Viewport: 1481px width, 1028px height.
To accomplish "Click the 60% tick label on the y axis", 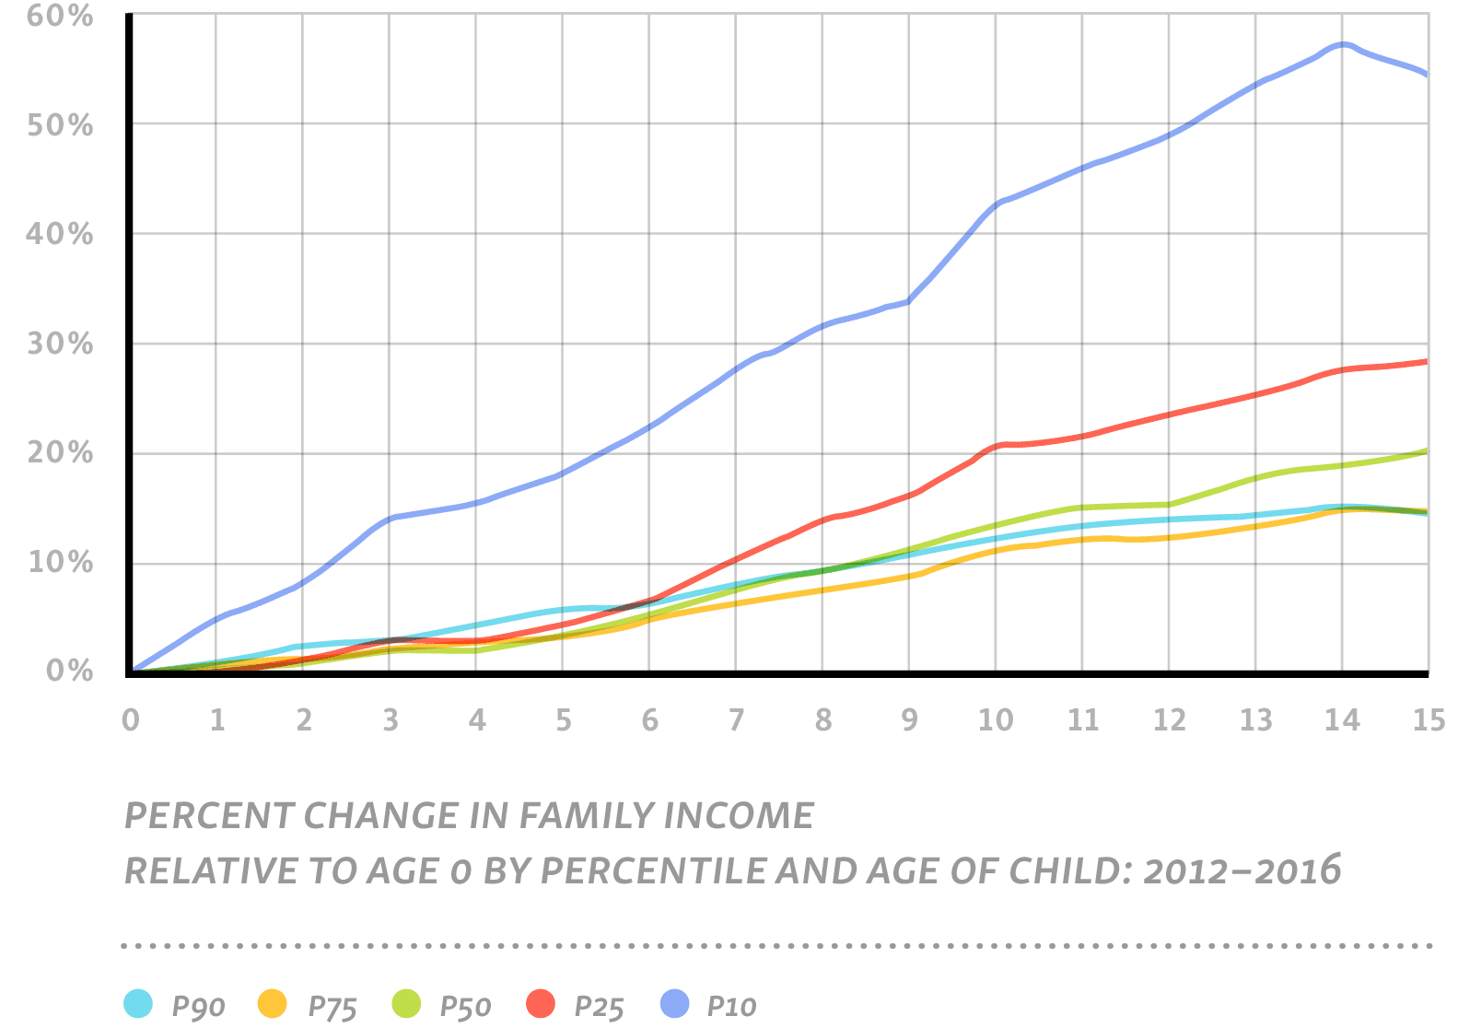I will pyautogui.click(x=59, y=17).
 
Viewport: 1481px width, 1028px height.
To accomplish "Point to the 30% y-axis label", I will pyautogui.click(x=59, y=345).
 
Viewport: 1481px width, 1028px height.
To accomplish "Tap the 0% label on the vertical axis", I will pyautogui.click(x=70, y=672).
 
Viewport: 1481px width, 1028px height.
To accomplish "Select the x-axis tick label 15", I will pyautogui.click(x=1429, y=720).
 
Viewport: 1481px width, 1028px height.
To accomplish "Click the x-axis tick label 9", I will pyautogui.click(x=909, y=720).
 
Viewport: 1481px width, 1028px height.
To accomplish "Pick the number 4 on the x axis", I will pyautogui.click(x=476, y=720).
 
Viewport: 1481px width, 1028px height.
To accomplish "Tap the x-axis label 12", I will pyautogui.click(x=1169, y=720).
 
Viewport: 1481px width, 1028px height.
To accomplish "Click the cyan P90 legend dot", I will pyautogui.click(x=138, y=1004).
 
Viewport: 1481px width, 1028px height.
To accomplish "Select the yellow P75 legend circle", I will pyautogui.click(x=273, y=1004).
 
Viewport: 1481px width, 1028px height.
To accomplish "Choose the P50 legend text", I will pyautogui.click(x=465, y=1007).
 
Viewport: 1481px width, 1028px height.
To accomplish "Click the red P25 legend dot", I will pyautogui.click(x=541, y=1004).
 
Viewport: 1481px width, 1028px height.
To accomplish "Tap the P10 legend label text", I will pyautogui.click(x=731, y=1007).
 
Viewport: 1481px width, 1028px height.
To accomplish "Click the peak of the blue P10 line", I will pyautogui.click(x=1344, y=44).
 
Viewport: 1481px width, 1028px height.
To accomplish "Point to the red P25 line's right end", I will pyautogui.click(x=1426, y=362).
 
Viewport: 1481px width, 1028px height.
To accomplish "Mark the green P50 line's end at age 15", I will pyautogui.click(x=1426, y=451).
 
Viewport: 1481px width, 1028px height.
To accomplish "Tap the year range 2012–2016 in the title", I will pyautogui.click(x=1242, y=870).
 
